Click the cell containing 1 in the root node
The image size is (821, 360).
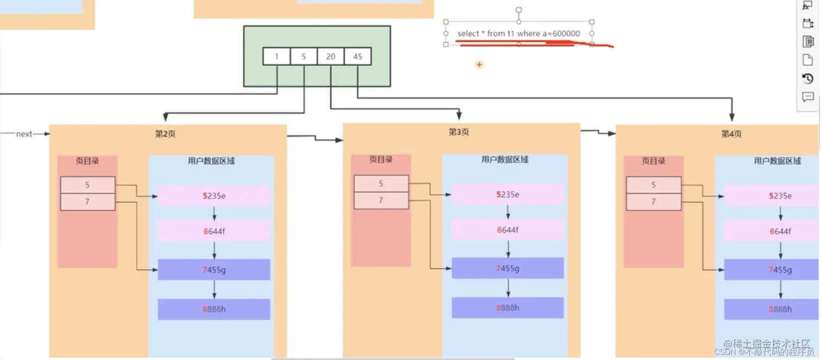[x=276, y=56]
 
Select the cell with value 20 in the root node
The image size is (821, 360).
[x=331, y=56]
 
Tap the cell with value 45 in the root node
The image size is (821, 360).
[x=357, y=56]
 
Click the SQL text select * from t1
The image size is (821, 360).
[x=519, y=34]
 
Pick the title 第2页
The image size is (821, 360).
[x=165, y=134]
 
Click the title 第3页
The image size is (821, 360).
[x=459, y=132]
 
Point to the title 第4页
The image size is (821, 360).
[x=731, y=134]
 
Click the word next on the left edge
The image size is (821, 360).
[x=24, y=134]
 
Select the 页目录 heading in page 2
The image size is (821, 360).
[x=87, y=161]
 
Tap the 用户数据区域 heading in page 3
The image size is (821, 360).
[x=504, y=160]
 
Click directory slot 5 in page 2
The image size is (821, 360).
[x=87, y=185]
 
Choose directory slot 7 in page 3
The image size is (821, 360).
[x=381, y=200]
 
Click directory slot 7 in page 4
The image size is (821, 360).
[x=653, y=201]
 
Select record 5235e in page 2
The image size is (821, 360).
[x=214, y=196]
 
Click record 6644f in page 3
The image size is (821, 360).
[x=508, y=230]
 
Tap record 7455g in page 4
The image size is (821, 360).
[x=780, y=270]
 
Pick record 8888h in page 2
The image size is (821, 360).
[x=214, y=309]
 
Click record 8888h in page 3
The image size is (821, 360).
[x=508, y=308]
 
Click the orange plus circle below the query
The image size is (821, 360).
[x=479, y=65]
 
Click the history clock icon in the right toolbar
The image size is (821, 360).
[x=807, y=79]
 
